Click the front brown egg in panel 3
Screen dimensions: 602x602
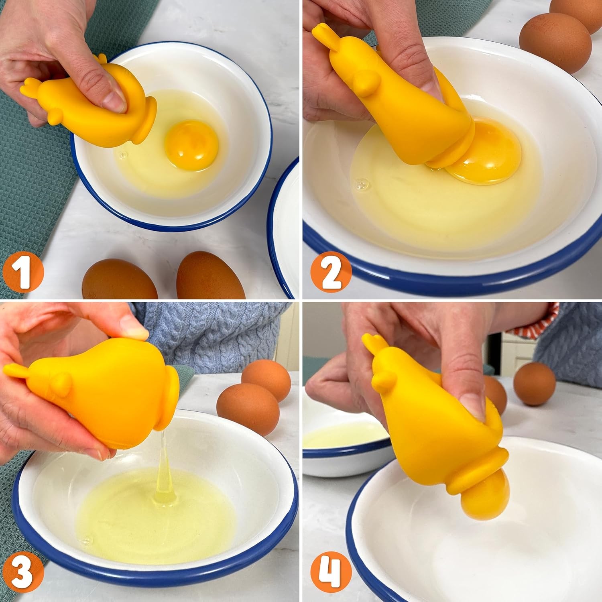tap(248, 409)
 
